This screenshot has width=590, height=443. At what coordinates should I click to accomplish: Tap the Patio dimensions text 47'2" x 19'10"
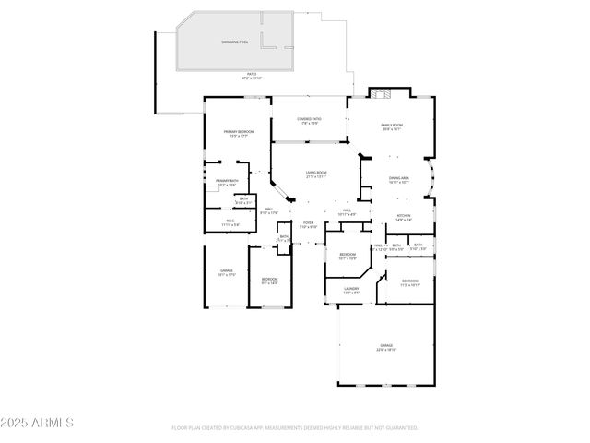pyautogui.click(x=252, y=78)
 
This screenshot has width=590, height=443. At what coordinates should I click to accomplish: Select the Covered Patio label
pyautogui.click(x=309, y=120)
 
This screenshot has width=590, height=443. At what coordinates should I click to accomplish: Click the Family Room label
pyautogui.click(x=393, y=126)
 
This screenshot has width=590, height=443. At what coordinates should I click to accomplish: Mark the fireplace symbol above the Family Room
pyautogui.click(x=382, y=92)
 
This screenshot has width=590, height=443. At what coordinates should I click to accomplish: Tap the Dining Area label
pyautogui.click(x=398, y=180)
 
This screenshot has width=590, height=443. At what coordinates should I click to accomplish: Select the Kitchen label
pyautogui.click(x=403, y=217)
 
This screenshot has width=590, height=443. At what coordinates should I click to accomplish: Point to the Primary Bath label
pyautogui.click(x=227, y=181)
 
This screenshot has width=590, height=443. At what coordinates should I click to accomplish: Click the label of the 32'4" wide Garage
pyautogui.click(x=385, y=347)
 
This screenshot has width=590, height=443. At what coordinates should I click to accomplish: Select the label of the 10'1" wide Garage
pyautogui.click(x=226, y=271)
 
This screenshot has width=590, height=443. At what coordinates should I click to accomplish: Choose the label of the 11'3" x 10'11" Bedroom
pyautogui.click(x=409, y=281)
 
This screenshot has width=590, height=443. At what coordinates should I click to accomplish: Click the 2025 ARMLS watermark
pyautogui.click(x=38, y=423)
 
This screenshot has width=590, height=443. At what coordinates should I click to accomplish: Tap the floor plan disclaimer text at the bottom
pyautogui.click(x=295, y=428)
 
